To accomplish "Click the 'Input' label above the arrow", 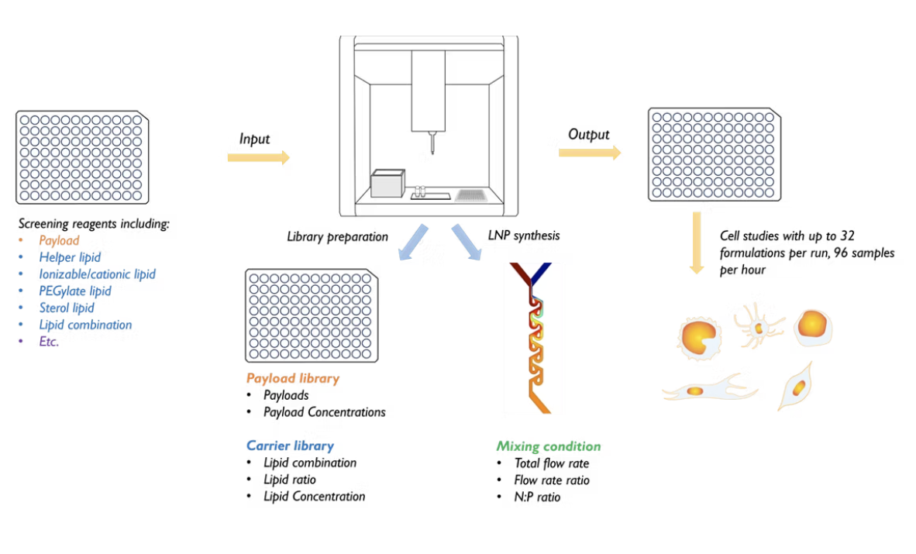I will [x=254, y=139].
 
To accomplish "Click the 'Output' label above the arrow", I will [x=589, y=135].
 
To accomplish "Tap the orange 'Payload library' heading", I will [x=293, y=379].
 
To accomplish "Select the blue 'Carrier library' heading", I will [x=290, y=446].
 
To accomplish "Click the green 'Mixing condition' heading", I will [x=549, y=446].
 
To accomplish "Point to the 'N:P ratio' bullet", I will [x=537, y=497].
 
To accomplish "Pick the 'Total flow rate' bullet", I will [x=552, y=463].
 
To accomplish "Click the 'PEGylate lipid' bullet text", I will [x=75, y=291].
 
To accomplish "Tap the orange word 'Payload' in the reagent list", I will [x=59, y=241].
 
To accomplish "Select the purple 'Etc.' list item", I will [x=49, y=342].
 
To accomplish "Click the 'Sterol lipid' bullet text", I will [x=67, y=308].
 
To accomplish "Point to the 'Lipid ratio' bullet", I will [x=290, y=480].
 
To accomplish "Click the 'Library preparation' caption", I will [x=337, y=237].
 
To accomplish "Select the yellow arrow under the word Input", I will [x=258, y=158].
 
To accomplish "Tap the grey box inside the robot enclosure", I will [x=387, y=184].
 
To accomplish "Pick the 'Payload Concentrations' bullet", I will [x=324, y=412].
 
